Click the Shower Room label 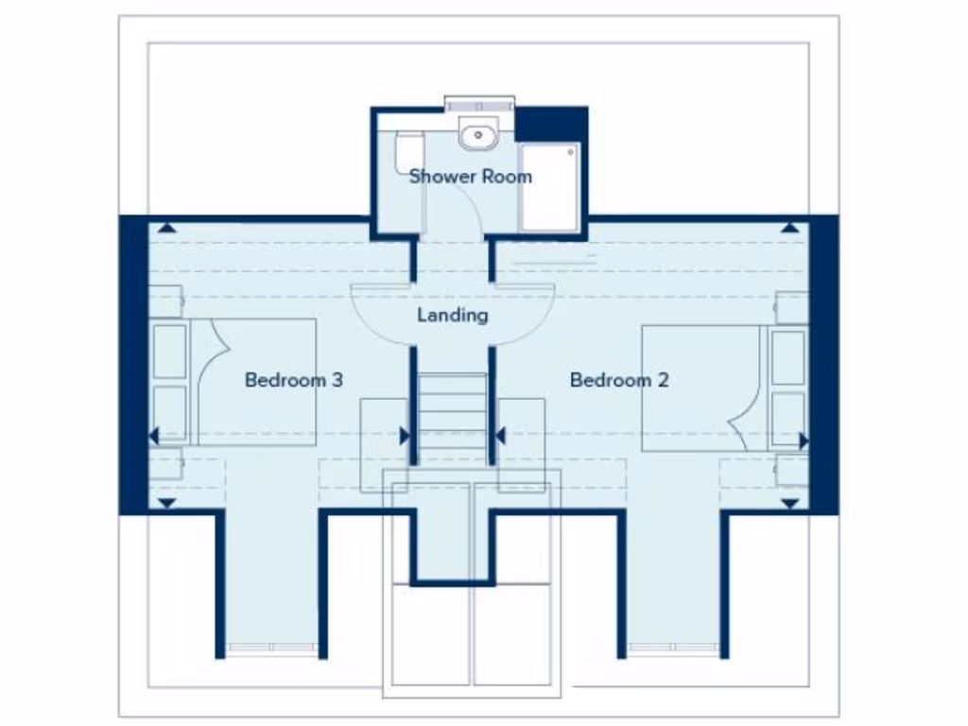tap(470, 176)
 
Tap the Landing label tap(453, 315)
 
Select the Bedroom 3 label tap(293, 380)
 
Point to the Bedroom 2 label tap(619, 380)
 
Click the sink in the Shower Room tap(478, 135)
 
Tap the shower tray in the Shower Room tap(548, 186)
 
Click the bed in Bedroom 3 tap(253, 382)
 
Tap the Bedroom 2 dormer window tap(673, 648)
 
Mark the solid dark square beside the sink tap(550, 124)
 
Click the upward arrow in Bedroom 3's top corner tap(166, 227)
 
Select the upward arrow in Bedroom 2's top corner tap(789, 227)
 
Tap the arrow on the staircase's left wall tap(405, 436)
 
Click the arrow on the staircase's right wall tap(500, 436)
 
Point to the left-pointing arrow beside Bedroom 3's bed tap(154, 436)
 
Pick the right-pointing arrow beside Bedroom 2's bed tap(804, 440)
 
